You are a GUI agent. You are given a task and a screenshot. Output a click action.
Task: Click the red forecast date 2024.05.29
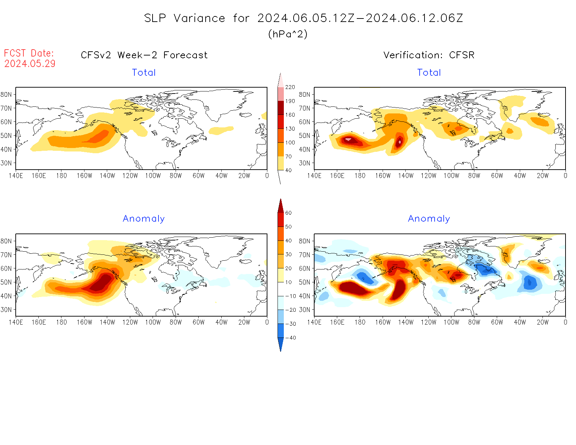(30, 64)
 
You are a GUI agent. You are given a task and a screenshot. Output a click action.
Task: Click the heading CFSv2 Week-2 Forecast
(144, 55)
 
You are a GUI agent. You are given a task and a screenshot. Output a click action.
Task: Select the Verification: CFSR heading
(429, 55)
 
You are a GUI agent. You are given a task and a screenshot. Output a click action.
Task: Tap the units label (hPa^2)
(288, 34)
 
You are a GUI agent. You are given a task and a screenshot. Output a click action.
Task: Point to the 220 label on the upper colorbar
(290, 87)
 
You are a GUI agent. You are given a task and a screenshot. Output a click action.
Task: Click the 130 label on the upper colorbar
(290, 129)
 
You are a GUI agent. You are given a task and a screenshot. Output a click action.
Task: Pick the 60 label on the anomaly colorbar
(288, 213)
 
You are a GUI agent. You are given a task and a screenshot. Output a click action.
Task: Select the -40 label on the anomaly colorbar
(290, 338)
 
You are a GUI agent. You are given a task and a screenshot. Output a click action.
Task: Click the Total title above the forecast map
(143, 73)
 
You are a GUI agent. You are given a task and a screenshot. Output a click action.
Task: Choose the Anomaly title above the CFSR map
(429, 219)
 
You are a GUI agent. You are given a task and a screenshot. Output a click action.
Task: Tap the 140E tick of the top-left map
(16, 176)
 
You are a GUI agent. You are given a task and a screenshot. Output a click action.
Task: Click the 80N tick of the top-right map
(304, 95)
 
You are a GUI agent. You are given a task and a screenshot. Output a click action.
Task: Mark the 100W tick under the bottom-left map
(153, 322)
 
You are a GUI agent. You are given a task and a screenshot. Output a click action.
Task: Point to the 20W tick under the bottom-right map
(542, 322)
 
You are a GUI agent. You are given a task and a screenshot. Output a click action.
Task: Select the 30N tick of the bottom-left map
(6, 310)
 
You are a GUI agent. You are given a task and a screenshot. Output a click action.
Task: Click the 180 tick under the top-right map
(360, 176)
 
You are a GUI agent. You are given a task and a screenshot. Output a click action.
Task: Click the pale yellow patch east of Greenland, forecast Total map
(221, 130)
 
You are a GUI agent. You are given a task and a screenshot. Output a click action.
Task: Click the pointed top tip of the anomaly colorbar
(280, 200)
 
